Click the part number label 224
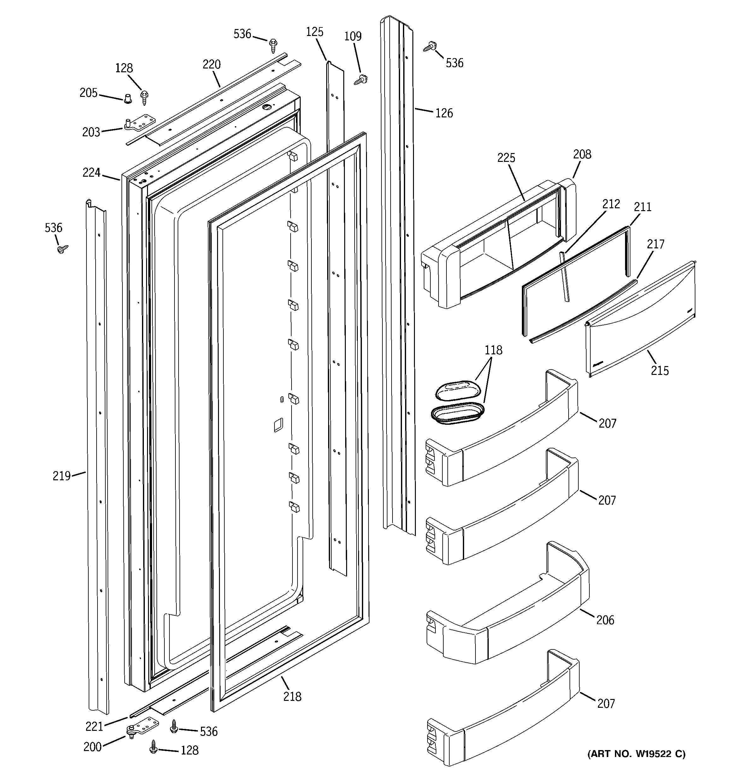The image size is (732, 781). click(91, 173)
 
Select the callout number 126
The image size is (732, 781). click(444, 113)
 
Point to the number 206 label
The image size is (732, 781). click(605, 620)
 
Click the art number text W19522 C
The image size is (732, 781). click(636, 754)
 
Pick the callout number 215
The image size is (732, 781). click(660, 370)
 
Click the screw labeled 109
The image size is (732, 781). click(361, 80)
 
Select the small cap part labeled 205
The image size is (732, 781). click(127, 98)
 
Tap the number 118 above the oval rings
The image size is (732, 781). click(493, 350)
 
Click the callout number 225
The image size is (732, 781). click(506, 158)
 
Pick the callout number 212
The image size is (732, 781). click(611, 204)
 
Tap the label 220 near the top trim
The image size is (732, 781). click(211, 64)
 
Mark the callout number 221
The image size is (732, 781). click(94, 726)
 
